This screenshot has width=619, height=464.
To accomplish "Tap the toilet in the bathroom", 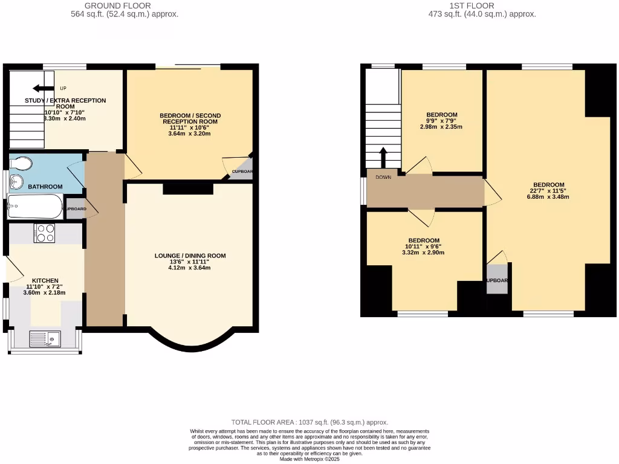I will tap(22, 164).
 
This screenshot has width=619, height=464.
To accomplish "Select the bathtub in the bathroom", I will tap(34, 207).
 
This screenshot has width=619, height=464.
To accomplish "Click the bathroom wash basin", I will tap(16, 182).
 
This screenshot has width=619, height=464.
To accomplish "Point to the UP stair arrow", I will tap(43, 88).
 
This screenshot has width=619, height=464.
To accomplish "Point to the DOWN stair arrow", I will tap(383, 158).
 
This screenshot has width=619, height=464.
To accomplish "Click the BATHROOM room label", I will tap(45, 187).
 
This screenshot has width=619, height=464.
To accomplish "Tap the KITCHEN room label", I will tap(45, 280).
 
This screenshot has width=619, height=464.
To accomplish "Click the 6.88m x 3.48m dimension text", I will tap(548, 197).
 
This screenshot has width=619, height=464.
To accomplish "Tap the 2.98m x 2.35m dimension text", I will tap(441, 127).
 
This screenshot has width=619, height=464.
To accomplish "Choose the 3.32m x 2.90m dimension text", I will tap(423, 253).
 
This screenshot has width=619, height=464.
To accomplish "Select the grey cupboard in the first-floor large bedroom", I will tap(497, 279).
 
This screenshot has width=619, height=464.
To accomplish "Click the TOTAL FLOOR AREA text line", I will tap(309, 422).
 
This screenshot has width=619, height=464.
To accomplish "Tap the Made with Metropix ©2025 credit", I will tap(309, 459).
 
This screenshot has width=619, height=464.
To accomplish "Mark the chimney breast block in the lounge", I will tap(188, 189).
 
